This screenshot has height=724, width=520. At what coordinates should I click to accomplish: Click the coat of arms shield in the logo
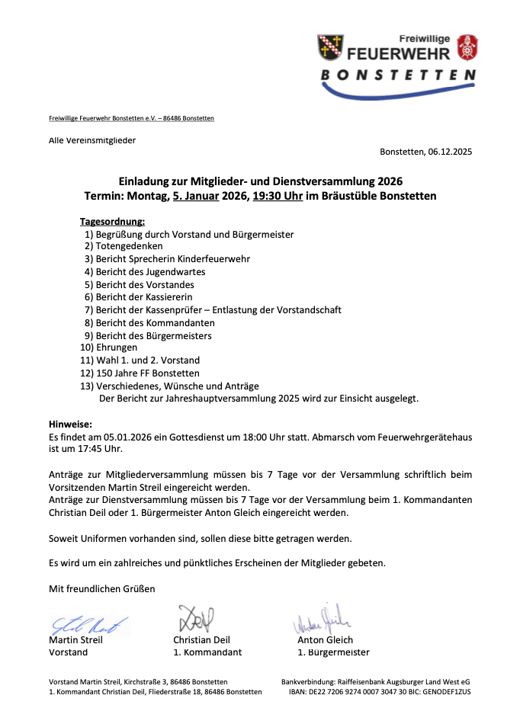[330, 49]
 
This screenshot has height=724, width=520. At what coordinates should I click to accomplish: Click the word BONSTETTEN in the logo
[398, 75]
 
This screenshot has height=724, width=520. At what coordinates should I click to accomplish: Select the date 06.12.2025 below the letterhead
[450, 152]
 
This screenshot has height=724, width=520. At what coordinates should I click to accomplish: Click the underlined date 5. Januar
[197, 196]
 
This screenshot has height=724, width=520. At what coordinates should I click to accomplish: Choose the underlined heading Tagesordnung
[112, 221]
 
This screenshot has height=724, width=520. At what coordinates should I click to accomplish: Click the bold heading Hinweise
[70, 424]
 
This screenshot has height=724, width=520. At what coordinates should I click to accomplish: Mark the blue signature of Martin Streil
[88, 625]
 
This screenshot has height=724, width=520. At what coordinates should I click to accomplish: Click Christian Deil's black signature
[196, 618]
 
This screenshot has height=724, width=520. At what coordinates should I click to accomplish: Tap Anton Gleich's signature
[321, 620]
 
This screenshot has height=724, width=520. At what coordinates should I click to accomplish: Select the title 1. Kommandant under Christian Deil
[207, 652]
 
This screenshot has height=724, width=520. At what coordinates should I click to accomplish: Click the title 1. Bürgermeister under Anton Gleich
[333, 652]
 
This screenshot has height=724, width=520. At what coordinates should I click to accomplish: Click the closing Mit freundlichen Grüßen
[101, 588]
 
